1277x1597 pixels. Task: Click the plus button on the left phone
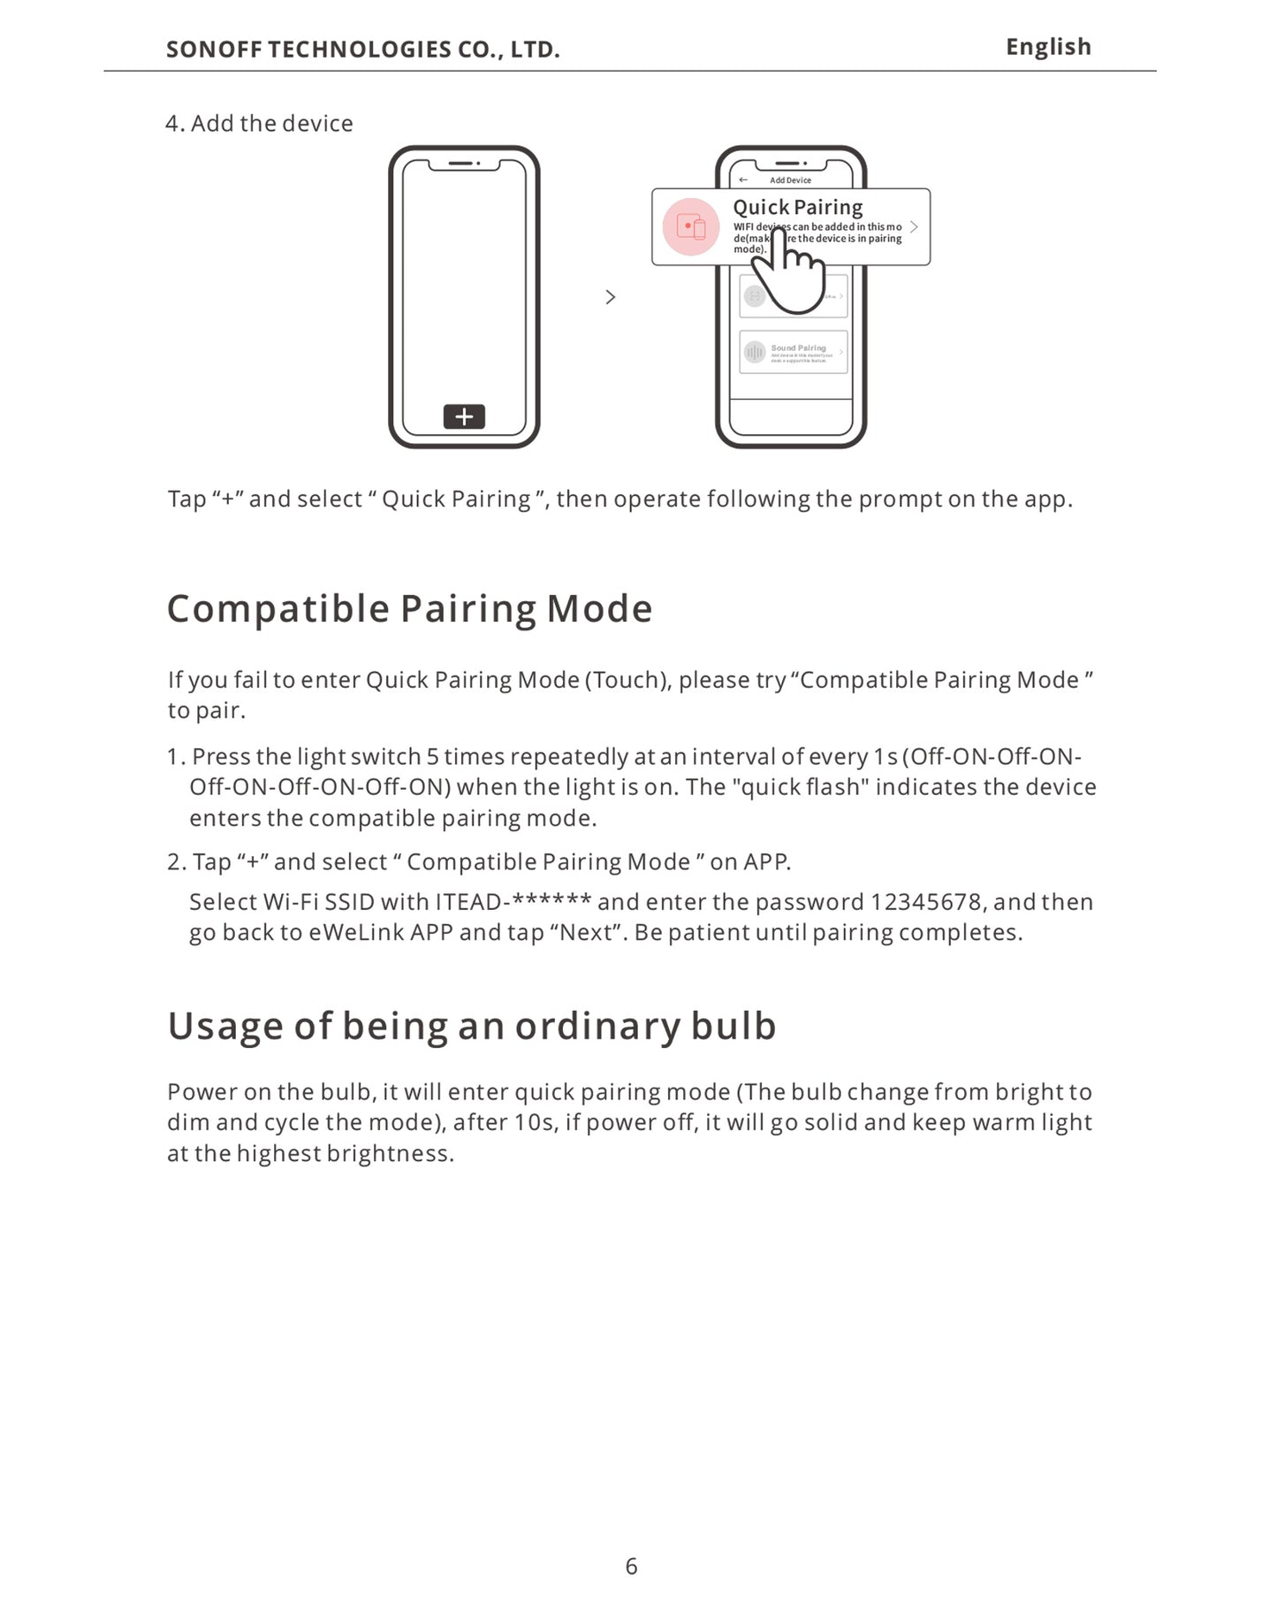(x=464, y=416)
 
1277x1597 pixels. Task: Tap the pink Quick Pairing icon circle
(x=691, y=227)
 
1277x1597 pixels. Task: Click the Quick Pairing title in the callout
(x=797, y=207)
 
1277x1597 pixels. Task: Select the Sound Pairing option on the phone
(x=793, y=352)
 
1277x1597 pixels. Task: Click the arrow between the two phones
(x=611, y=297)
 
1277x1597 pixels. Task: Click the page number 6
(x=631, y=1566)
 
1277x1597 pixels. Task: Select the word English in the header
(x=1048, y=47)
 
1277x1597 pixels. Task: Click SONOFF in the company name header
(x=214, y=50)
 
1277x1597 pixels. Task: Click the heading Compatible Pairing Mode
(x=409, y=608)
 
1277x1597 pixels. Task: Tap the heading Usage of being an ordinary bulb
(x=471, y=1026)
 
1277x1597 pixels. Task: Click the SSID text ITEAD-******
(x=513, y=902)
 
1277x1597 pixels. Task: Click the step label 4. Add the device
(x=259, y=124)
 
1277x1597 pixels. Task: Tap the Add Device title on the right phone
(x=790, y=180)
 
